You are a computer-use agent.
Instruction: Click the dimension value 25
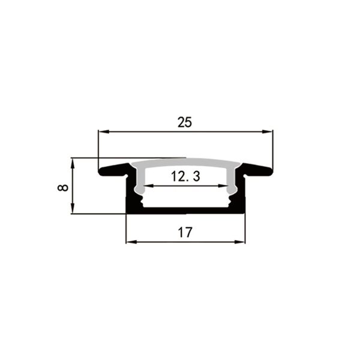coord(185,122)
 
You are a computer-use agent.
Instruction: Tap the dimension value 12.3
coord(185,176)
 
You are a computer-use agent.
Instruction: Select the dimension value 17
coord(185,232)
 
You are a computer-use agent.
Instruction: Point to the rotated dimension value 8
coord(63,188)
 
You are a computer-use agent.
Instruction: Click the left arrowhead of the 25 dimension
coord(103,131)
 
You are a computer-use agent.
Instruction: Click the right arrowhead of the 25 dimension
coord(268,131)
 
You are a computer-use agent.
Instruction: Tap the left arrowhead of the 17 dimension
coord(131,242)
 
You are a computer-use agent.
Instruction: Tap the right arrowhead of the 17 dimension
coord(239,242)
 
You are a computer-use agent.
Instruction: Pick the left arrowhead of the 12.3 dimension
coord(149,185)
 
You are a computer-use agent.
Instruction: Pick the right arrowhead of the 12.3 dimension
coord(223,185)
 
